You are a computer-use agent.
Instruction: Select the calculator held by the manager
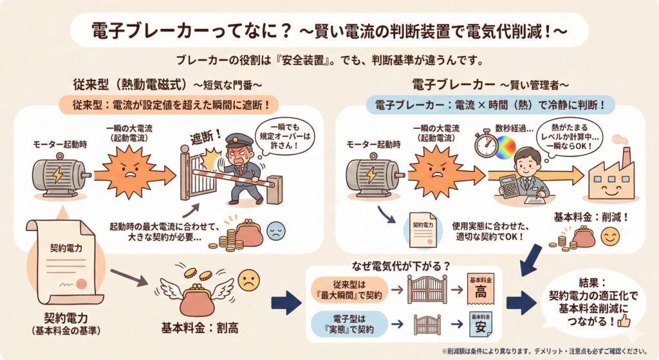510,186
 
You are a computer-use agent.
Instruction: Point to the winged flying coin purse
199,292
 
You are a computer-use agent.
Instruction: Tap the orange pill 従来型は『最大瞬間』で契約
349,291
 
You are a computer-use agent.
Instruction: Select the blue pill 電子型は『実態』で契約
348,321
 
